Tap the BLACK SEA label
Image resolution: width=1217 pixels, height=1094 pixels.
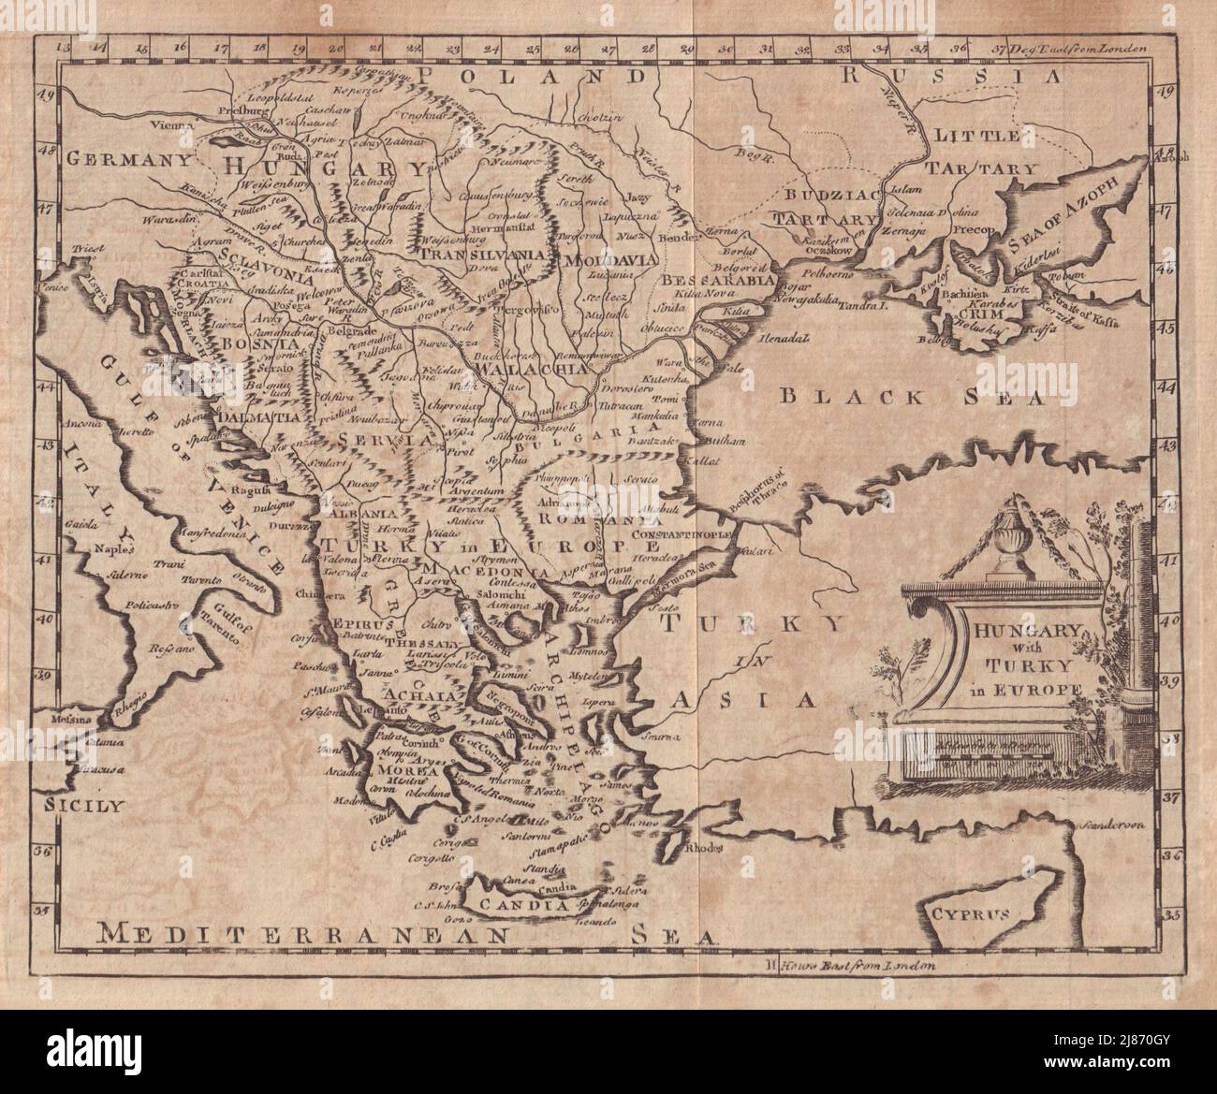910,397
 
